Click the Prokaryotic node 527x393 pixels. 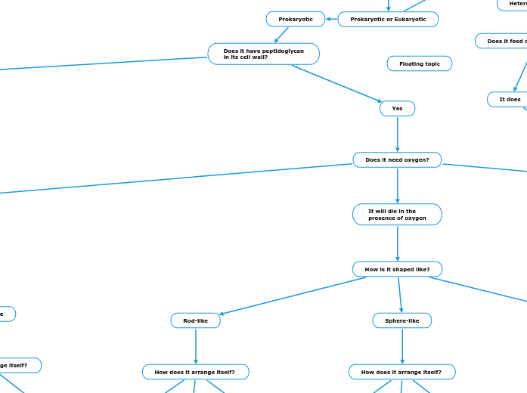pos(295,19)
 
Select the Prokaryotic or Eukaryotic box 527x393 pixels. pos(388,19)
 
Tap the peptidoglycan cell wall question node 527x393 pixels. pos(263,54)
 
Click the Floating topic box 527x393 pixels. pos(419,63)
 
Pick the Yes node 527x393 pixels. pos(397,109)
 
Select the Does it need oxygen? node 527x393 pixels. pos(397,159)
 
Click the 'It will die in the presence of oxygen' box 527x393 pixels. pos(397,215)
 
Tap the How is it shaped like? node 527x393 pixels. pos(397,269)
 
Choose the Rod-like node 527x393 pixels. pos(195,320)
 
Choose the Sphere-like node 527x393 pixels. pos(401,320)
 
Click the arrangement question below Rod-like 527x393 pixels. pos(195,372)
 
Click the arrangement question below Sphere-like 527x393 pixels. pos(401,372)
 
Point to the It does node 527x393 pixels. pos(510,99)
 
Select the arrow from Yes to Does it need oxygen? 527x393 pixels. pos(397,135)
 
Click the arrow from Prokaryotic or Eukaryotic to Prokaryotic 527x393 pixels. pos(331,19)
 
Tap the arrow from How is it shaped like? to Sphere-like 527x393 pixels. pos(399,295)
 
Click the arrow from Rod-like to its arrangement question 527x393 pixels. pos(195,346)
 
